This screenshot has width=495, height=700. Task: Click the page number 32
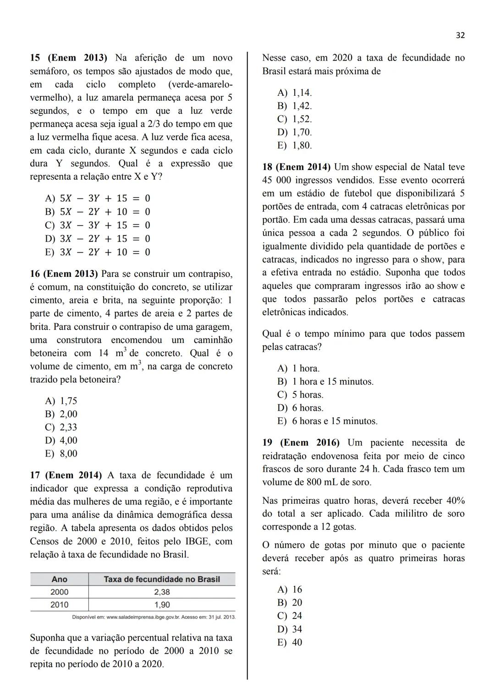(x=460, y=35)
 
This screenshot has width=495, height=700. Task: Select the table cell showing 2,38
(x=162, y=592)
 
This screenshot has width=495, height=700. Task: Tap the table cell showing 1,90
(x=162, y=605)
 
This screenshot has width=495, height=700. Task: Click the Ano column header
(x=60, y=579)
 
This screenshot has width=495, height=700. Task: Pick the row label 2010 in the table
(x=60, y=605)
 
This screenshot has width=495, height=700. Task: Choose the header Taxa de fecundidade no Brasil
(x=162, y=579)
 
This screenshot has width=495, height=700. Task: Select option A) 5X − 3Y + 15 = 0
(x=98, y=198)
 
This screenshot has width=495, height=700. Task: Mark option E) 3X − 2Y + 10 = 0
(x=98, y=252)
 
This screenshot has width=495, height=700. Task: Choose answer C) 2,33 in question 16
(x=61, y=427)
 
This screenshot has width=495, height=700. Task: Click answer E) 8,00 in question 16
(x=61, y=454)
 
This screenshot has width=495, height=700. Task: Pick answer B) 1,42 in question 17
(x=294, y=106)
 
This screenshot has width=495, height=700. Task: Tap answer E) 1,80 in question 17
(x=294, y=146)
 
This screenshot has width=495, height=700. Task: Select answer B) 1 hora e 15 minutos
(x=325, y=381)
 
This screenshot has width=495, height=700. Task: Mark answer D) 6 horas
(x=300, y=408)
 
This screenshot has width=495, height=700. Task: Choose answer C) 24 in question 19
(x=290, y=616)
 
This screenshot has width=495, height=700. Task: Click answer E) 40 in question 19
(x=290, y=642)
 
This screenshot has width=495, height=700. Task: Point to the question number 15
(x=35, y=58)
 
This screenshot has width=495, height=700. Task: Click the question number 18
(x=267, y=167)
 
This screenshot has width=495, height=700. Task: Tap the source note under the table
(x=154, y=617)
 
